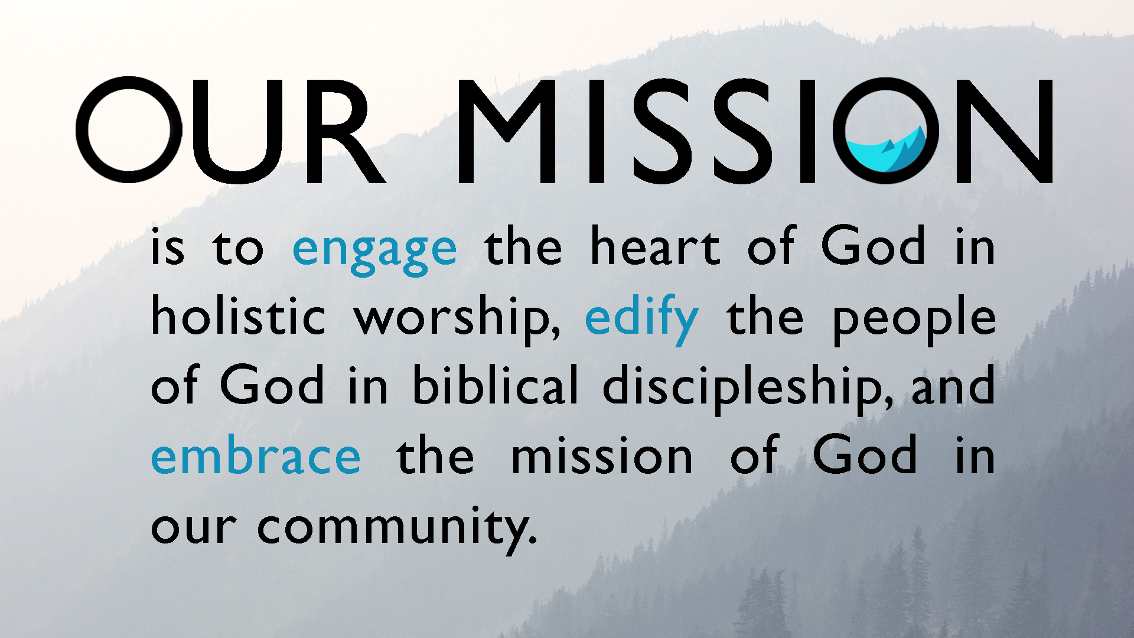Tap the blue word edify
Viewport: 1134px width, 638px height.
coord(641,319)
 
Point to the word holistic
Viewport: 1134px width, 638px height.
coord(238,315)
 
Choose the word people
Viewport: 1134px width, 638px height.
coord(914,320)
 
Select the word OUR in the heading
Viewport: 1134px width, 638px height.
coord(231,130)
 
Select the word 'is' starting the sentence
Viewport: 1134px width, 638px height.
coord(168,246)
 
